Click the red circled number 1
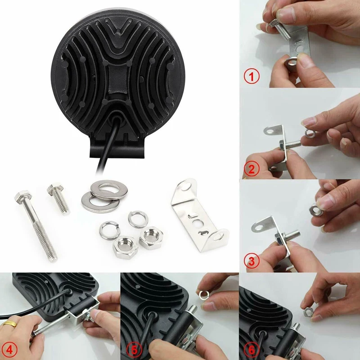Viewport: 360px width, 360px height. coord(252,76)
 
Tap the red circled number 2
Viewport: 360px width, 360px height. coord(252,169)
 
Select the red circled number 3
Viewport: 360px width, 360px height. coord(252,261)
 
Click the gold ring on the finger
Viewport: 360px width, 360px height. coord(10,324)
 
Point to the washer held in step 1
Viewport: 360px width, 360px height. coord(290,62)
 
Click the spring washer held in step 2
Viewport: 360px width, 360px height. coord(310,133)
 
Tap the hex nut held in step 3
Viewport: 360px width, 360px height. coord(316,211)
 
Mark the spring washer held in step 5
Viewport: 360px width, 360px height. coord(203,295)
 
